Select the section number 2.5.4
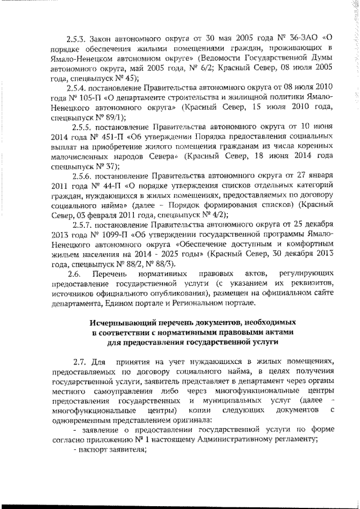[75, 88]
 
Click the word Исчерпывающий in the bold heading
[122, 322]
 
